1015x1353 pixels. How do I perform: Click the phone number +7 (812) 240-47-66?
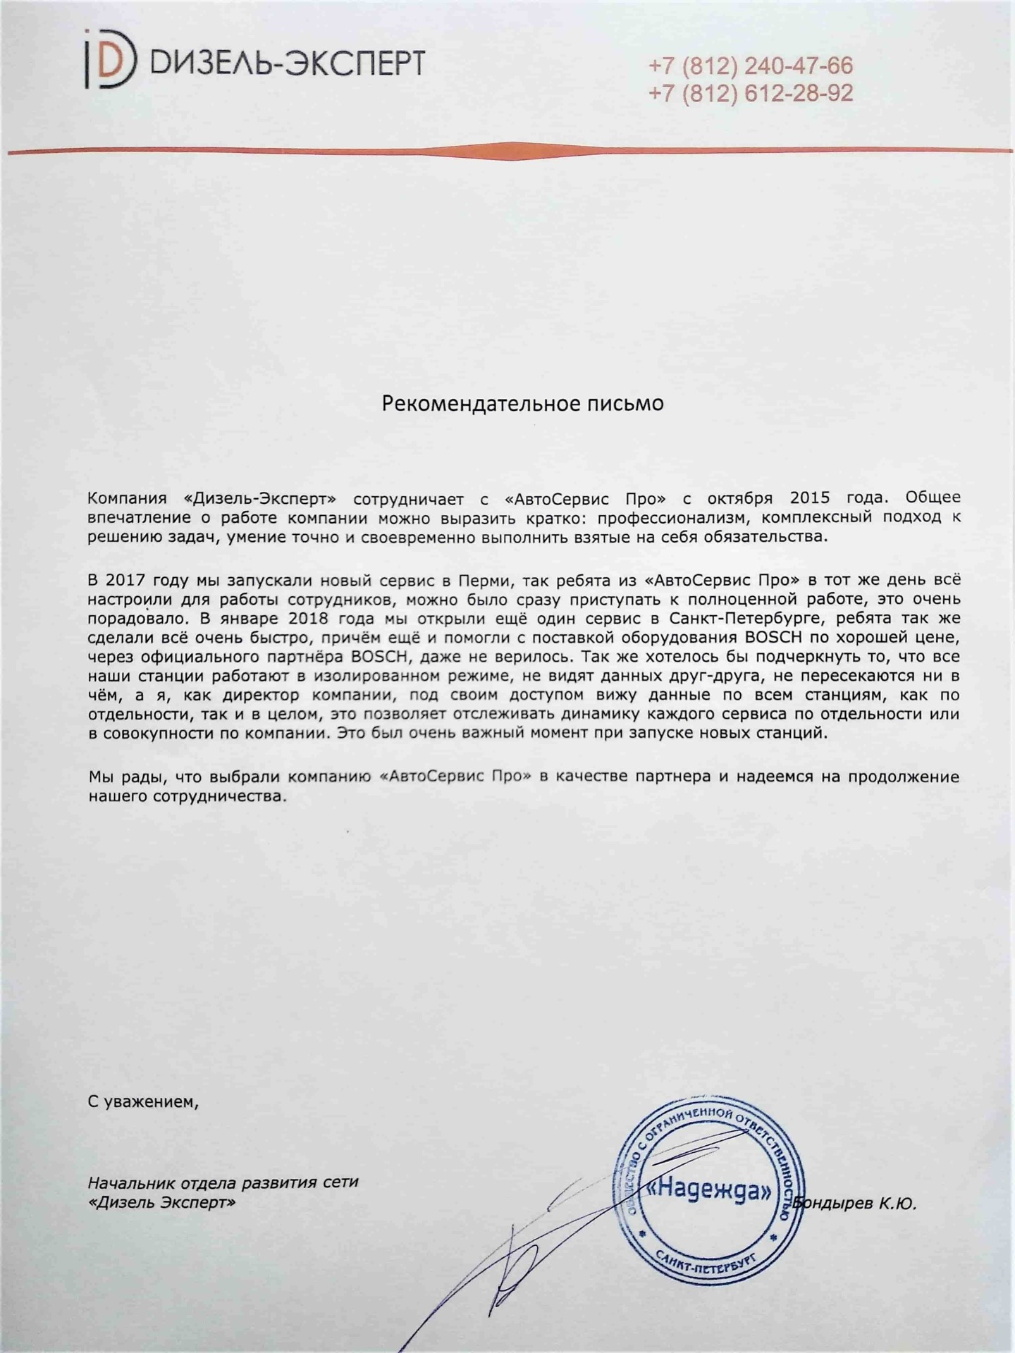[x=750, y=66]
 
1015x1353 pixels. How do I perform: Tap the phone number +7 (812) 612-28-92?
[x=750, y=93]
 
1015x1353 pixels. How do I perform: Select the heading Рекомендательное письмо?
[x=522, y=403]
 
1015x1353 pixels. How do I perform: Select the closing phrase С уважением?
[x=143, y=1101]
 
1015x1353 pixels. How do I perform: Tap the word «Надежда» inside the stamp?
[x=709, y=1191]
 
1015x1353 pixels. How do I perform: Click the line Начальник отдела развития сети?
[x=223, y=1182]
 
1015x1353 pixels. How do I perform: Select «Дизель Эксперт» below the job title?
[x=161, y=1202]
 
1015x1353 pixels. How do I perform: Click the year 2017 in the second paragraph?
[x=125, y=581]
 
